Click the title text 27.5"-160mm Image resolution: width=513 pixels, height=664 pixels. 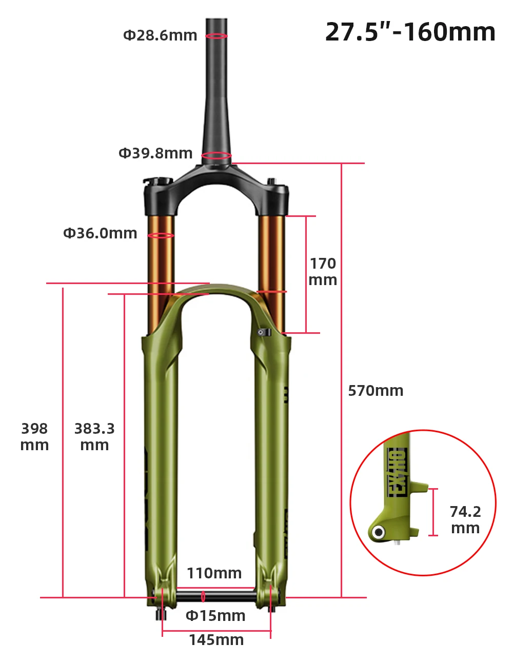coord(410,32)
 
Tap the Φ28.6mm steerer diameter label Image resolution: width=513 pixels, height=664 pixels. coord(160,35)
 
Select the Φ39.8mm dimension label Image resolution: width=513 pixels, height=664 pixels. coord(155,153)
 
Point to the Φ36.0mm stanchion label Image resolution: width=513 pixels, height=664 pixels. coord(100,233)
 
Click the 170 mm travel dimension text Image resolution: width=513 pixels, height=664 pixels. coord(323,272)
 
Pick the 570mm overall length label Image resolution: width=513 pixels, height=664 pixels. coord(376,391)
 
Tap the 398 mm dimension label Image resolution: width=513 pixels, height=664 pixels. coord(34,437)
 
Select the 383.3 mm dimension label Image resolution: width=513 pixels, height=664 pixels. coord(94,437)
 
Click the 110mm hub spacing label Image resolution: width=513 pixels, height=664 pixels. coord(214,573)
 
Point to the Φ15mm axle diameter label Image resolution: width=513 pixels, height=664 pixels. coord(215,616)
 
